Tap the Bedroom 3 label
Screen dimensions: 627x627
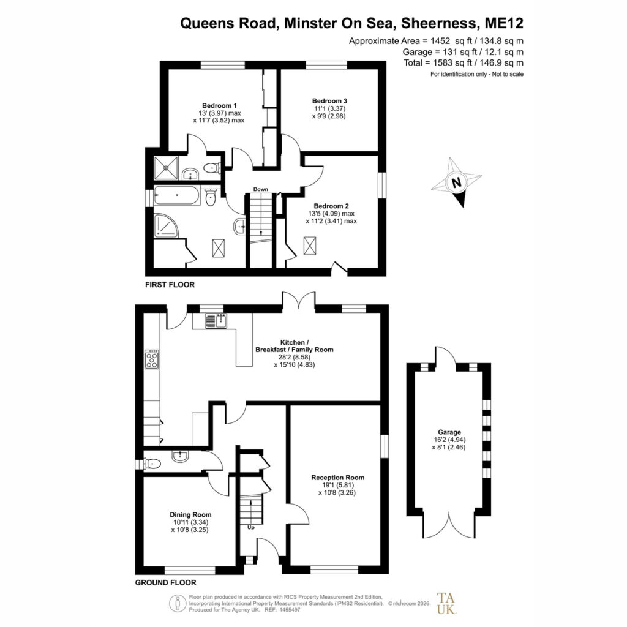coord(329,101)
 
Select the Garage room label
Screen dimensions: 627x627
coord(449,432)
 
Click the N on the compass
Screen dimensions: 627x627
coord(456,182)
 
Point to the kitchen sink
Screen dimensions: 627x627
coord(216,321)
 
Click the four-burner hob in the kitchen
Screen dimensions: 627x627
coord(152,359)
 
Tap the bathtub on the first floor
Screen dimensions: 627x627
coord(177,195)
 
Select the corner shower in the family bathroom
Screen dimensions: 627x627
coord(166,226)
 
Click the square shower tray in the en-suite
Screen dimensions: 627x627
coord(167,168)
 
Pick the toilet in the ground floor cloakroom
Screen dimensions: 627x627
coord(152,464)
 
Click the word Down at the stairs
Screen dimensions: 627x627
coord(260,189)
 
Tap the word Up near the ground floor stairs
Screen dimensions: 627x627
coord(250,527)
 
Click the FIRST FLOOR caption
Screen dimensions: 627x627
coord(170,285)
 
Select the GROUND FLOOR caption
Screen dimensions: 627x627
coord(165,583)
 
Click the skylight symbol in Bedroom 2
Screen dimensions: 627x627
coord(309,246)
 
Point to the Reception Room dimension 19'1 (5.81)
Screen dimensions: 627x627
coord(338,485)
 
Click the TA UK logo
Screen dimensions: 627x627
coord(446,603)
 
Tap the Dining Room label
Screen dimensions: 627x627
coord(190,514)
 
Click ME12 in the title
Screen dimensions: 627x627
coord(504,23)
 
